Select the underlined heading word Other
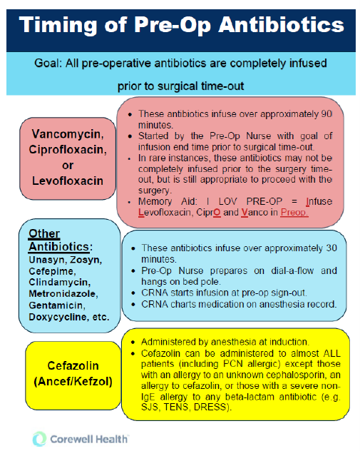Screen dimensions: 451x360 (x=44, y=233)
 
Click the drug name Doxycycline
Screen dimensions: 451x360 (x=56, y=326)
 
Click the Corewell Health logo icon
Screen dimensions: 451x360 (x=40, y=437)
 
